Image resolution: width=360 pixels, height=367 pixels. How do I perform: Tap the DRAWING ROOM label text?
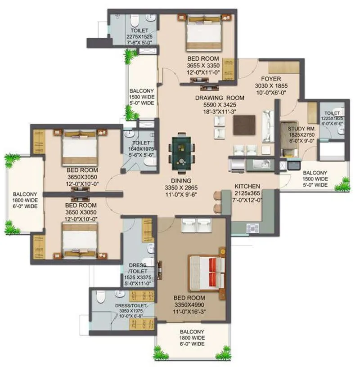(220, 98)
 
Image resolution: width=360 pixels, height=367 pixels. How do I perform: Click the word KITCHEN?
(247, 186)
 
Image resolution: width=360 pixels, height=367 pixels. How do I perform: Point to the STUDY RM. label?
(302, 129)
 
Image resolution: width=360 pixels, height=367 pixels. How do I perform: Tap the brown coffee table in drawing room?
(243, 125)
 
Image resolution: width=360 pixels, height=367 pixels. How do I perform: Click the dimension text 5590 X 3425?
(220, 105)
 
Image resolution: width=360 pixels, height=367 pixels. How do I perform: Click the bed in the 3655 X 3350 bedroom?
(204, 34)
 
